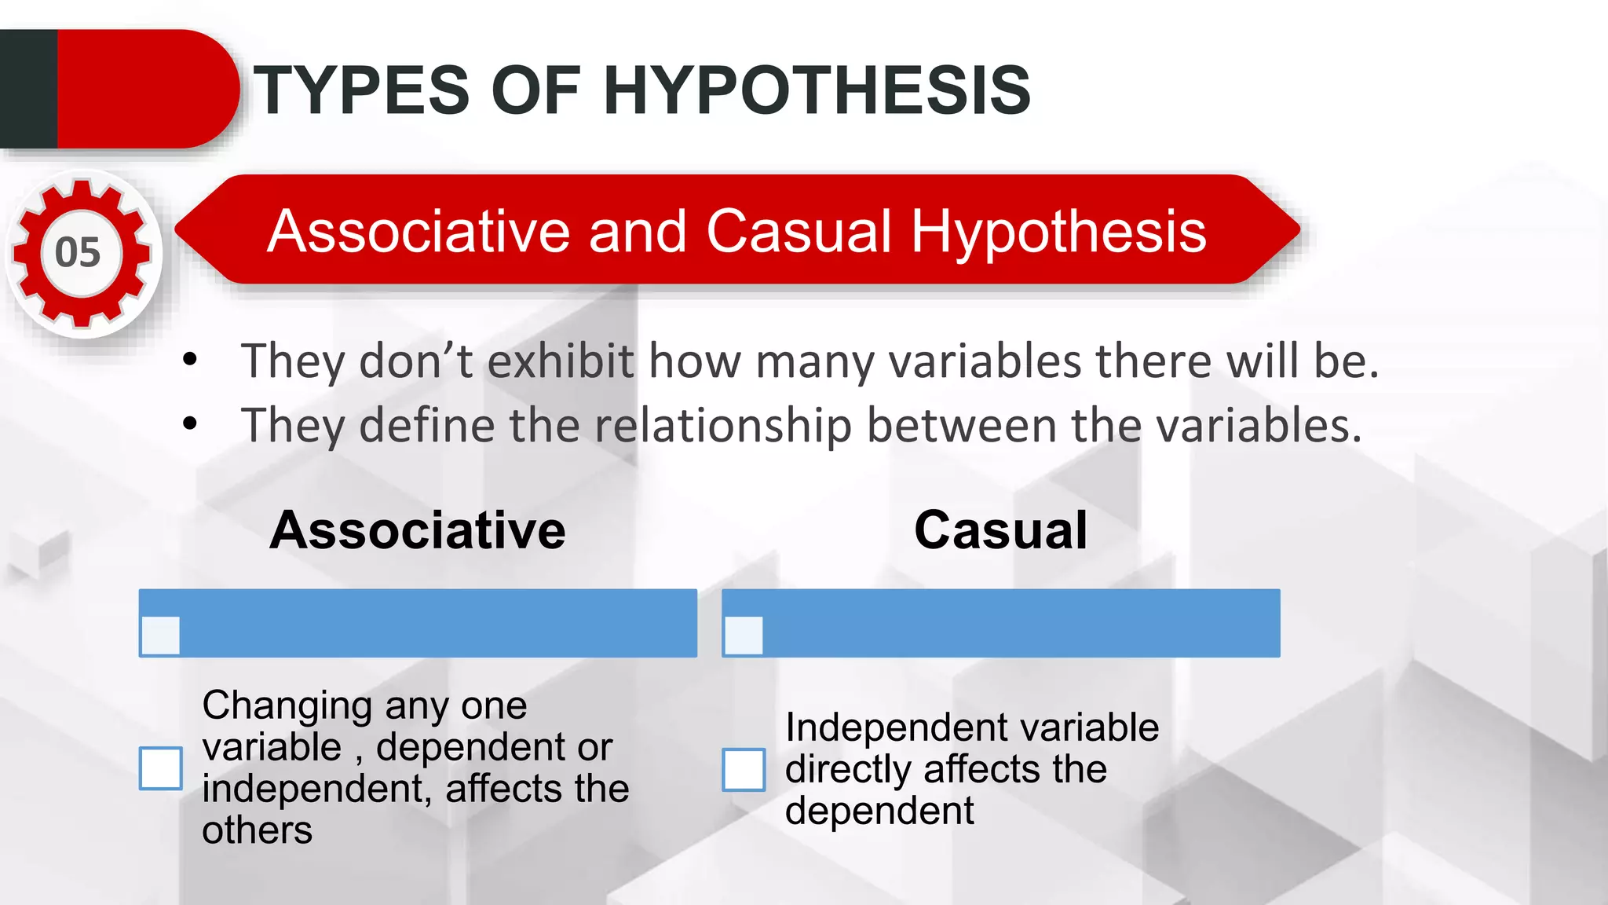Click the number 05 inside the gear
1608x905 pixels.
point(78,253)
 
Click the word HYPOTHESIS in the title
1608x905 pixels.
point(817,90)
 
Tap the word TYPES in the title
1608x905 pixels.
point(361,90)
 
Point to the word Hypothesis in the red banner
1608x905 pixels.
point(1058,233)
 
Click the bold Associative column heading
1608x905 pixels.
point(417,530)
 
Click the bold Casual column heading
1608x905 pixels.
point(1000,530)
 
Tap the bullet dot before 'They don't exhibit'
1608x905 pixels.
point(190,361)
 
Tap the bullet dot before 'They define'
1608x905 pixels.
point(190,424)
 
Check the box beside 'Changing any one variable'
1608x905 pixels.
point(161,768)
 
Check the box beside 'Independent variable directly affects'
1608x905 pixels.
point(744,769)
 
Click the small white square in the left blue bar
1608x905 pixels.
point(161,636)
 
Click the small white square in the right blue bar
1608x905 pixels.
point(744,636)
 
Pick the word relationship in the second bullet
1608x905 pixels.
point(722,426)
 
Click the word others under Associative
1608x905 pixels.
point(257,830)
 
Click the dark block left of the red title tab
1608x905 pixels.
point(28,89)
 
